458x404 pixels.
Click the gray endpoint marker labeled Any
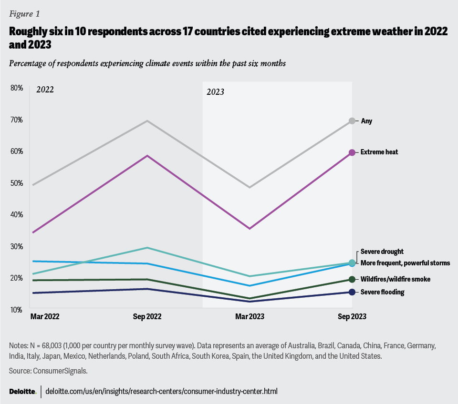coord(352,121)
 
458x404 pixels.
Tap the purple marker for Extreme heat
coord(352,152)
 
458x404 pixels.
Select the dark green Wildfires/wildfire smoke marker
coord(352,279)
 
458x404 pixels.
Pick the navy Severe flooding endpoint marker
coord(352,292)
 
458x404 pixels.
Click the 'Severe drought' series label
coord(382,252)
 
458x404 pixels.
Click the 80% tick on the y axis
coord(16,88)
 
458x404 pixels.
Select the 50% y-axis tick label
coord(16,183)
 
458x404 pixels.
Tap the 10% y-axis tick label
coord(16,310)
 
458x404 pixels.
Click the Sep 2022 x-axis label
coord(147,316)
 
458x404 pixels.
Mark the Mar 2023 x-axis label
coord(249,316)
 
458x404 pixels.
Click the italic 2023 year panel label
coord(215,92)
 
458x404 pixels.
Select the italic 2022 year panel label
coord(45,89)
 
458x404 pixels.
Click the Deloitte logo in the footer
coord(22,391)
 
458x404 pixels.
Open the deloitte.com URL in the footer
coord(162,391)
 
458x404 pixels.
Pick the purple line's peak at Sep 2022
coord(147,156)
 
